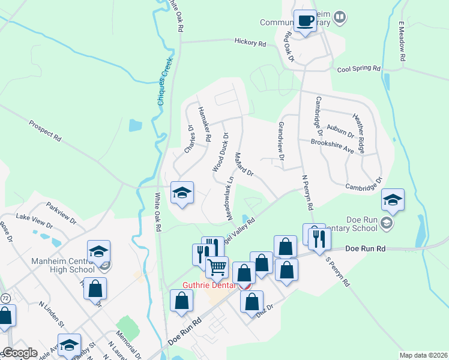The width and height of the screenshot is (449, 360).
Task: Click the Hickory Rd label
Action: click(x=250, y=43)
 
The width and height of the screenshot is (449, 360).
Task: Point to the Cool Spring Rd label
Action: click(x=359, y=69)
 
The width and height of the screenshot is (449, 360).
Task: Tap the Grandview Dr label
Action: click(x=280, y=142)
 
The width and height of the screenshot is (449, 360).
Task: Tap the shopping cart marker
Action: click(x=217, y=266)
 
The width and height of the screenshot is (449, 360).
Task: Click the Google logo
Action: click(x=19, y=353)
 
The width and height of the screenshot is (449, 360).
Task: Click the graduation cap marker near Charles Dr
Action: click(x=182, y=193)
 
